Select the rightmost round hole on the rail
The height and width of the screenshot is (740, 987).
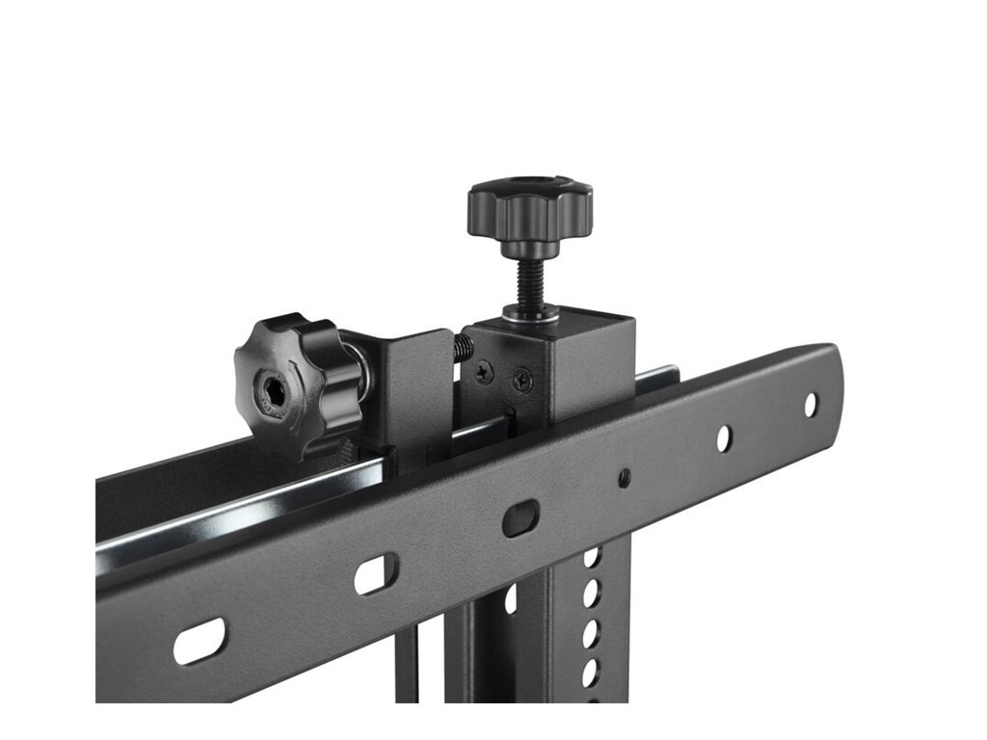(x=811, y=405)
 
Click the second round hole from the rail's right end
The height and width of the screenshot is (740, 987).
(x=723, y=438)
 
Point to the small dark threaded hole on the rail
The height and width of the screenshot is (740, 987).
(x=625, y=477)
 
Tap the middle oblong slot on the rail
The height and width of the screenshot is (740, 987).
(x=375, y=575)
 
